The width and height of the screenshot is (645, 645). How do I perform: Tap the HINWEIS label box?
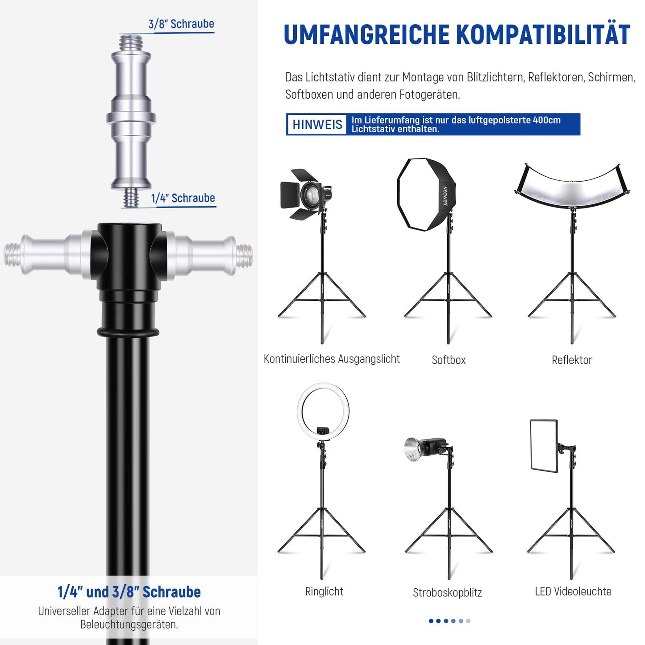[317, 125]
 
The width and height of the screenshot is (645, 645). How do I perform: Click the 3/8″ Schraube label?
[181, 24]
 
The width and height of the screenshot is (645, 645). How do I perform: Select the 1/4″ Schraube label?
[183, 198]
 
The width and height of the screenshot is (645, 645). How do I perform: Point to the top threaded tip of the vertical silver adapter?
[131, 43]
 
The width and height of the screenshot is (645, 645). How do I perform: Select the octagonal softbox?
[426, 194]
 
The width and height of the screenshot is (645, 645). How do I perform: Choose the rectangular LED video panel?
[544, 445]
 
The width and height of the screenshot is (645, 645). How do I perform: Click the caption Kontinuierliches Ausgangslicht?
[332, 359]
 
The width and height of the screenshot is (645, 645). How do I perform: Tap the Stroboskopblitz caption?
[447, 593]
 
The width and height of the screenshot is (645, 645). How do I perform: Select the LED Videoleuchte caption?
[573, 591]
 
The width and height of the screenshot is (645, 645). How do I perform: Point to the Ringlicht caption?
[324, 591]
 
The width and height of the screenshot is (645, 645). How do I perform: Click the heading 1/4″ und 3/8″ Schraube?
[129, 592]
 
